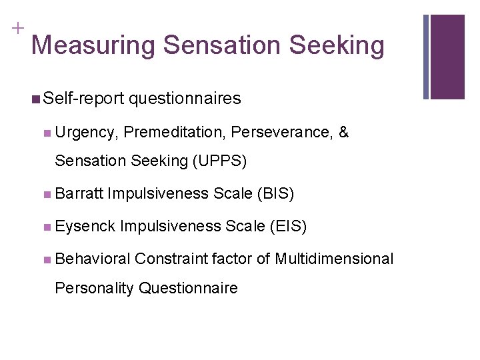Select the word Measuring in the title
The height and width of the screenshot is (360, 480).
coord(93,46)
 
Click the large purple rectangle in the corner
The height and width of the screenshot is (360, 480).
coord(447,57)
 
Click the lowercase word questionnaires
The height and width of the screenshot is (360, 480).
coord(185,99)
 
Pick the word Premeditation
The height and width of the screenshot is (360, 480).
coord(174,132)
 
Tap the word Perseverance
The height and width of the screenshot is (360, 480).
coord(282,132)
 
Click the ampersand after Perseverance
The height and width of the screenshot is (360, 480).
coord(343,132)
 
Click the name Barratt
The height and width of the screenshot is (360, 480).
coord(79,193)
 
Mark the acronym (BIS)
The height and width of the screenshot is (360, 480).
coord(275,193)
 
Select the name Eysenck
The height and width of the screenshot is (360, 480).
coord(85,226)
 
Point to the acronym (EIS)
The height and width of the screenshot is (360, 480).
coord(288,226)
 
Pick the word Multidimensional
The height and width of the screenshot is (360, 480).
coord(334,259)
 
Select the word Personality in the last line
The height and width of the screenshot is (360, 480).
coord(93,288)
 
